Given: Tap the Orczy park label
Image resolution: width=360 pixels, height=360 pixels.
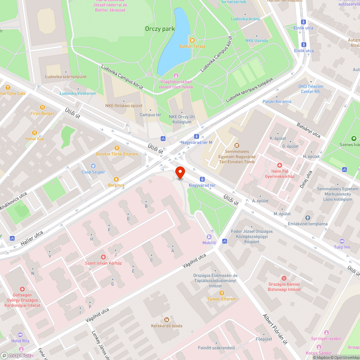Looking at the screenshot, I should click(160, 29).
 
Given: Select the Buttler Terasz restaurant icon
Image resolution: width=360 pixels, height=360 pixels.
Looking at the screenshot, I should click(192, 40).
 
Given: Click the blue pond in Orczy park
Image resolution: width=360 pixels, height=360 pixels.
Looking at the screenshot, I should click(174, 43).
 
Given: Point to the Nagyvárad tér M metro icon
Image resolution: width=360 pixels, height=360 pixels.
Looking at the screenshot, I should click(197, 136).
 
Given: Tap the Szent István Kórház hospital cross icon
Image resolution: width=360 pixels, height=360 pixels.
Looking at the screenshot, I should click(103, 257).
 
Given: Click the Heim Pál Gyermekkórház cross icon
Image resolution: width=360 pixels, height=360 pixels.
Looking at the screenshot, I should click(280, 165).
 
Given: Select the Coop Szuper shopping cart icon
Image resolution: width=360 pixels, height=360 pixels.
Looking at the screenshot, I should click(93, 166).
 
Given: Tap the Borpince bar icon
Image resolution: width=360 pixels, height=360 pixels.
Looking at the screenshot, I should click(116, 179).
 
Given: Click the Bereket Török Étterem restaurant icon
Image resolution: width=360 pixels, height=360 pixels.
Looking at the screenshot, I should click(117, 148).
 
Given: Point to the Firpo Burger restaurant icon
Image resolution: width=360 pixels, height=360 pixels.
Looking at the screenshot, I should click(42, 107).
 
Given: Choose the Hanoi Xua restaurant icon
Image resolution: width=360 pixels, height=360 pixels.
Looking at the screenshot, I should click(35, 132).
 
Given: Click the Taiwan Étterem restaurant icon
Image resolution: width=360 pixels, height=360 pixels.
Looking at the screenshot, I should click(221, 293).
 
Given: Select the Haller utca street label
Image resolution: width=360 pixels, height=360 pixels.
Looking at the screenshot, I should click(32, 238).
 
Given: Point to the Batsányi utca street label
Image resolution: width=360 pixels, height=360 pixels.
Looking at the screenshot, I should click(308, 130).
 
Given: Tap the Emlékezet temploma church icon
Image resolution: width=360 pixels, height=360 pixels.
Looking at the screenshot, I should click(307, 218).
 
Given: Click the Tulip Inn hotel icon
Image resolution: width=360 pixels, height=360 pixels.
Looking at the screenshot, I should click(342, 241).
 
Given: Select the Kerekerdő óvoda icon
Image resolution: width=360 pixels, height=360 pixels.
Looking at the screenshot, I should click(166, 320).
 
